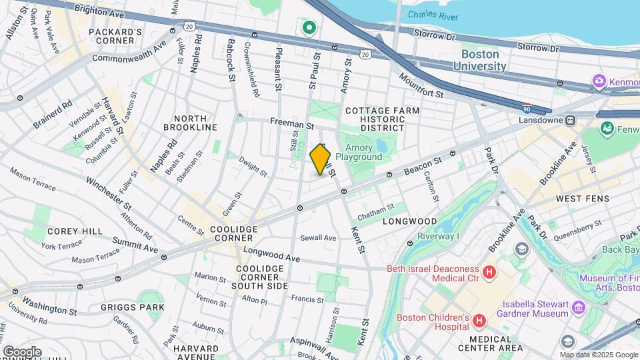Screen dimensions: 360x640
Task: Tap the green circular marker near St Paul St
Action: point(309,28)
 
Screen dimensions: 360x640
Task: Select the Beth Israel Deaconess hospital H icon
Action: point(489,272)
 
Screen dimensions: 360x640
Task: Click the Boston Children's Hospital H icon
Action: point(478,322)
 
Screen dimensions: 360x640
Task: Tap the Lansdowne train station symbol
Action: point(571,121)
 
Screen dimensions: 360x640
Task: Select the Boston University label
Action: point(479,60)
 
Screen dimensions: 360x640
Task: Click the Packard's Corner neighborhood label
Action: point(115,36)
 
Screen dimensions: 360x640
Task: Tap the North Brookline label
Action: point(191,122)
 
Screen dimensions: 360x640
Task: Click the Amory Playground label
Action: point(359,152)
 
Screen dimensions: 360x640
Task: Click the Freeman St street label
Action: point(291,124)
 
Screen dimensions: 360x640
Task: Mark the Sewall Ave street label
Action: point(318,237)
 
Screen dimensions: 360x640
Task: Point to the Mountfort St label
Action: point(421,87)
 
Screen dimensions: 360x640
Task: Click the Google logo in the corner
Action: point(21,352)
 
